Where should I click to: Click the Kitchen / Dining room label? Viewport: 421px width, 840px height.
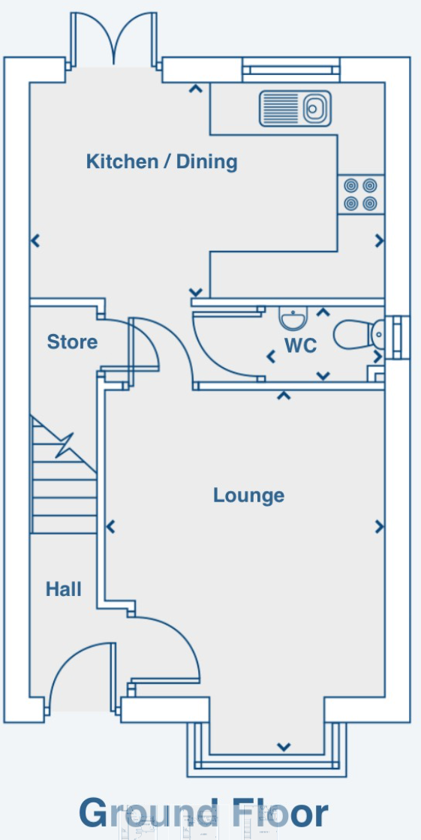pyautogui.click(x=162, y=161)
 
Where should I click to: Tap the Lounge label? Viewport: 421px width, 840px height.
pyautogui.click(x=248, y=495)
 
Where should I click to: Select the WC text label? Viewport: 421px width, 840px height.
pyautogui.click(x=300, y=345)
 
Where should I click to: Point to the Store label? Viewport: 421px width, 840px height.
pyautogui.click(x=72, y=342)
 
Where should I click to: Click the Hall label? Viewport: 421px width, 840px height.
pyautogui.click(x=64, y=589)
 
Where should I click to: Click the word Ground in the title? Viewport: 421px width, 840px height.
pyautogui.click(x=149, y=813)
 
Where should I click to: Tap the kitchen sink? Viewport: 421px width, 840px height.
pyautogui.click(x=295, y=109)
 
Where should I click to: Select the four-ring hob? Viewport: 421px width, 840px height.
pyautogui.click(x=360, y=194)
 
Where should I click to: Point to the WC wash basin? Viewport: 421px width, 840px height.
pyautogui.click(x=293, y=319)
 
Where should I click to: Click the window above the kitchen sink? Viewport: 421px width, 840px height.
pyautogui.click(x=291, y=70)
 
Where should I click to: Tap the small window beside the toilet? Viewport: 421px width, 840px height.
pyautogui.click(x=398, y=338)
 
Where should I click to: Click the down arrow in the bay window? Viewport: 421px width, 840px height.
pyautogui.click(x=284, y=746)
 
